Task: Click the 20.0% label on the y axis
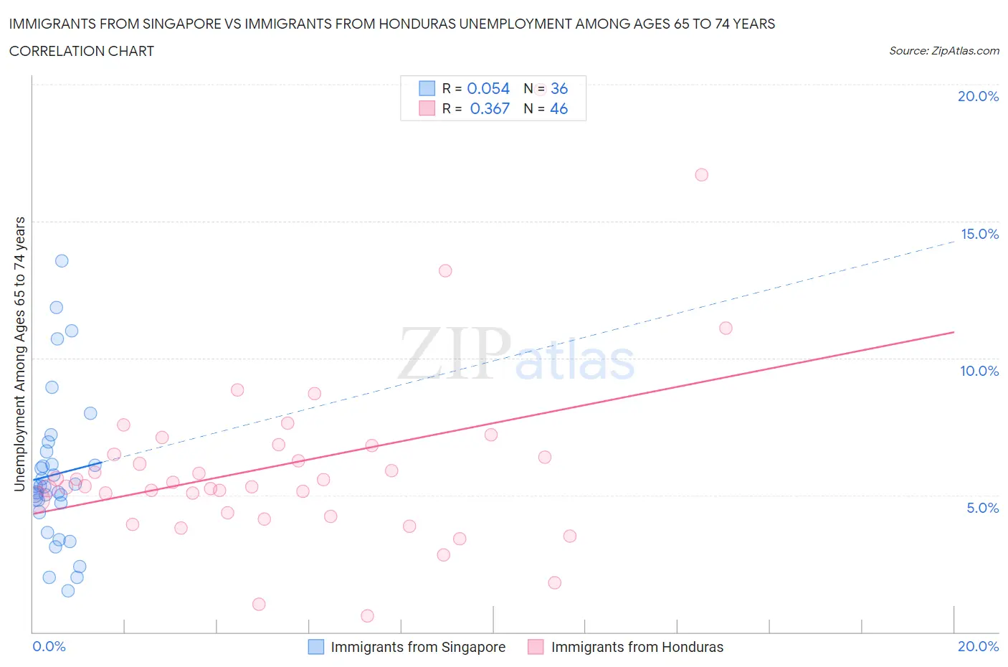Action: (978, 96)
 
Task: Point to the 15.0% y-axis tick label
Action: (979, 234)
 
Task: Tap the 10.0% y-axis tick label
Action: (979, 371)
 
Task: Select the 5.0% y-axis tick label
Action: (982, 508)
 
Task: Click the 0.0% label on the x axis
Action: (49, 646)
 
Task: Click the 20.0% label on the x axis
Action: (978, 646)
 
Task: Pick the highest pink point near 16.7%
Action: (702, 175)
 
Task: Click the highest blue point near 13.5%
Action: (62, 261)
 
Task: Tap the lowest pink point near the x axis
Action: (367, 616)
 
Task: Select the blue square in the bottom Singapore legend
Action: (316, 647)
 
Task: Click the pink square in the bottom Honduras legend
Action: (536, 647)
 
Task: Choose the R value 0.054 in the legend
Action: (488, 88)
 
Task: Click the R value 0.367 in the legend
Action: (490, 108)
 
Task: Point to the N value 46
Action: (558, 108)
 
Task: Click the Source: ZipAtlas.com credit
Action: (943, 51)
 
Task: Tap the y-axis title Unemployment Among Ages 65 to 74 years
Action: (20, 354)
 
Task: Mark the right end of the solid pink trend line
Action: (954, 332)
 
